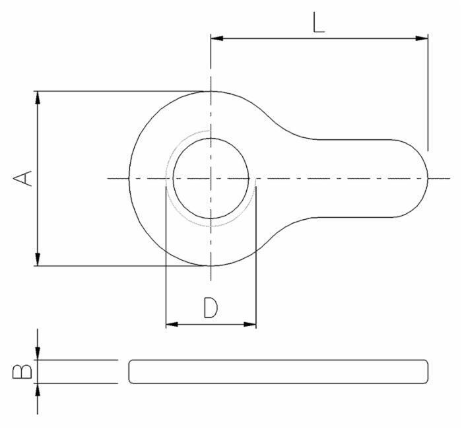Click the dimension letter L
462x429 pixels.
click(x=318, y=22)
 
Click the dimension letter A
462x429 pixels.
click(x=22, y=178)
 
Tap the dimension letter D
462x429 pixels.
click(x=211, y=308)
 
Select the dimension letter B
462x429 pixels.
click(x=22, y=372)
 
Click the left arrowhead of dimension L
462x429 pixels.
click(x=217, y=38)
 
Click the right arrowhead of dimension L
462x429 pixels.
click(x=422, y=38)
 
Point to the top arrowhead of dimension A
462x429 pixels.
click(x=38, y=98)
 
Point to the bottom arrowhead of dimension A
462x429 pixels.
click(x=38, y=259)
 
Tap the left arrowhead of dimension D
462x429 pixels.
click(x=172, y=325)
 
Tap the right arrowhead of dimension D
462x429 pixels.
click(x=250, y=325)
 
